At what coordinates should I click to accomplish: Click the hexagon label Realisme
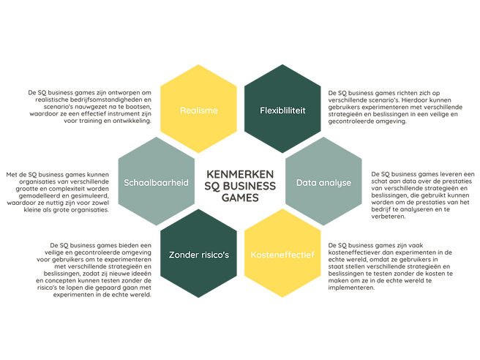click(199, 110)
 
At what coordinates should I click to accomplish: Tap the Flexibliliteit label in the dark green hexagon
click(282, 110)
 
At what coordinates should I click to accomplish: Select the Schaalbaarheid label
click(156, 183)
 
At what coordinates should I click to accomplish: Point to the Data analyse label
click(323, 183)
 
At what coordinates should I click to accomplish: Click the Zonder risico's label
click(199, 255)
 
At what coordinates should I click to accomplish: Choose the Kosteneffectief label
click(282, 255)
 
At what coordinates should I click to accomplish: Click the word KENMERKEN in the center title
click(240, 174)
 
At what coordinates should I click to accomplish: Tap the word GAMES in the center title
click(240, 198)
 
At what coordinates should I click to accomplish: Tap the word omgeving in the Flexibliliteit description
click(394, 121)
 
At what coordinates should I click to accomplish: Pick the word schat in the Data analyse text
click(379, 181)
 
